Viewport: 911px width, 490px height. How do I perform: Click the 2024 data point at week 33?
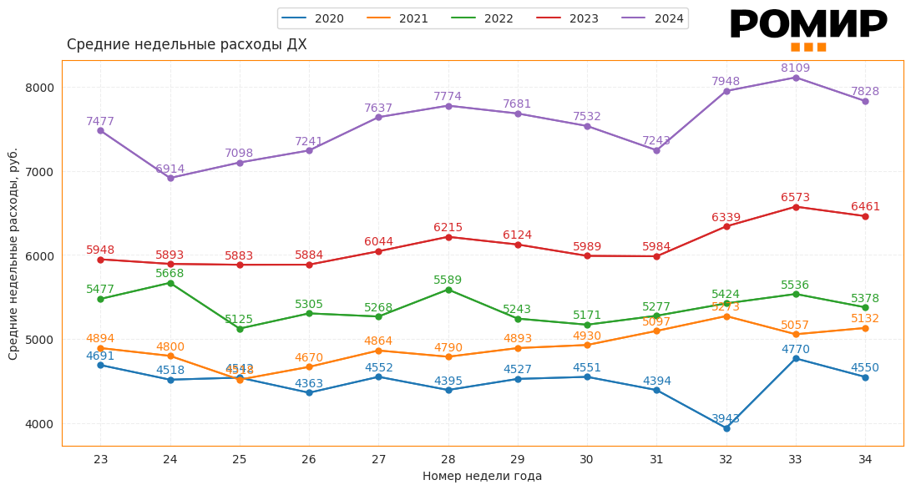(x=796, y=78)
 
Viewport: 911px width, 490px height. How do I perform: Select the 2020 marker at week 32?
(x=726, y=428)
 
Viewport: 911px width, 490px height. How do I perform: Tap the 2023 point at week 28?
(x=448, y=237)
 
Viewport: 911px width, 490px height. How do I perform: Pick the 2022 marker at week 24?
(x=170, y=283)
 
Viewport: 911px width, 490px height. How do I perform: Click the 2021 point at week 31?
(x=656, y=331)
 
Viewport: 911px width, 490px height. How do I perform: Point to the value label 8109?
(x=796, y=68)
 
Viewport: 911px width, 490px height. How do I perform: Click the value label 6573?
(x=796, y=197)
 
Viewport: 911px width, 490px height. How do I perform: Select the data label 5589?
(x=448, y=280)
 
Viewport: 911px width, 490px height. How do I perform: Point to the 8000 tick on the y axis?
(x=38, y=88)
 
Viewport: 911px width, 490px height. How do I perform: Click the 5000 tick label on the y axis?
(x=38, y=340)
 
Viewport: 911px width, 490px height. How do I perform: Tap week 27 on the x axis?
(x=378, y=459)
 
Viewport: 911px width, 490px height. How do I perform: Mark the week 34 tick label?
(x=865, y=459)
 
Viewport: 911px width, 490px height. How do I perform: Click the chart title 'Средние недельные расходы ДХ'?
(x=186, y=44)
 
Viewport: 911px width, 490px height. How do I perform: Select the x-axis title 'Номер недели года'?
(x=482, y=476)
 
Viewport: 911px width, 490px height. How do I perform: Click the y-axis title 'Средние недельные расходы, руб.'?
(x=13, y=254)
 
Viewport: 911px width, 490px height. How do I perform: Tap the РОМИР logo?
(x=808, y=28)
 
